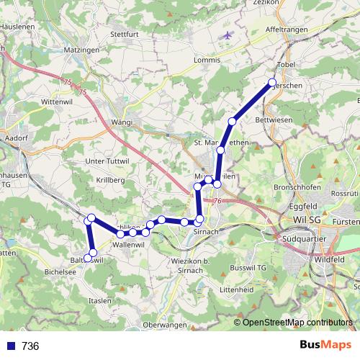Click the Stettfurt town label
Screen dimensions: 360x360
click(124, 33)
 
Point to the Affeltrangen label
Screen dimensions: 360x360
click(287, 29)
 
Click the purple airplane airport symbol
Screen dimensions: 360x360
click(229, 35)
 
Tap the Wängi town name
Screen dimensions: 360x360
click(122, 122)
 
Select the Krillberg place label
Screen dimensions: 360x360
click(112, 178)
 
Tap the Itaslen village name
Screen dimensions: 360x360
click(100, 299)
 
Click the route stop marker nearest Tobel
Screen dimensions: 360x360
click(272, 82)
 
